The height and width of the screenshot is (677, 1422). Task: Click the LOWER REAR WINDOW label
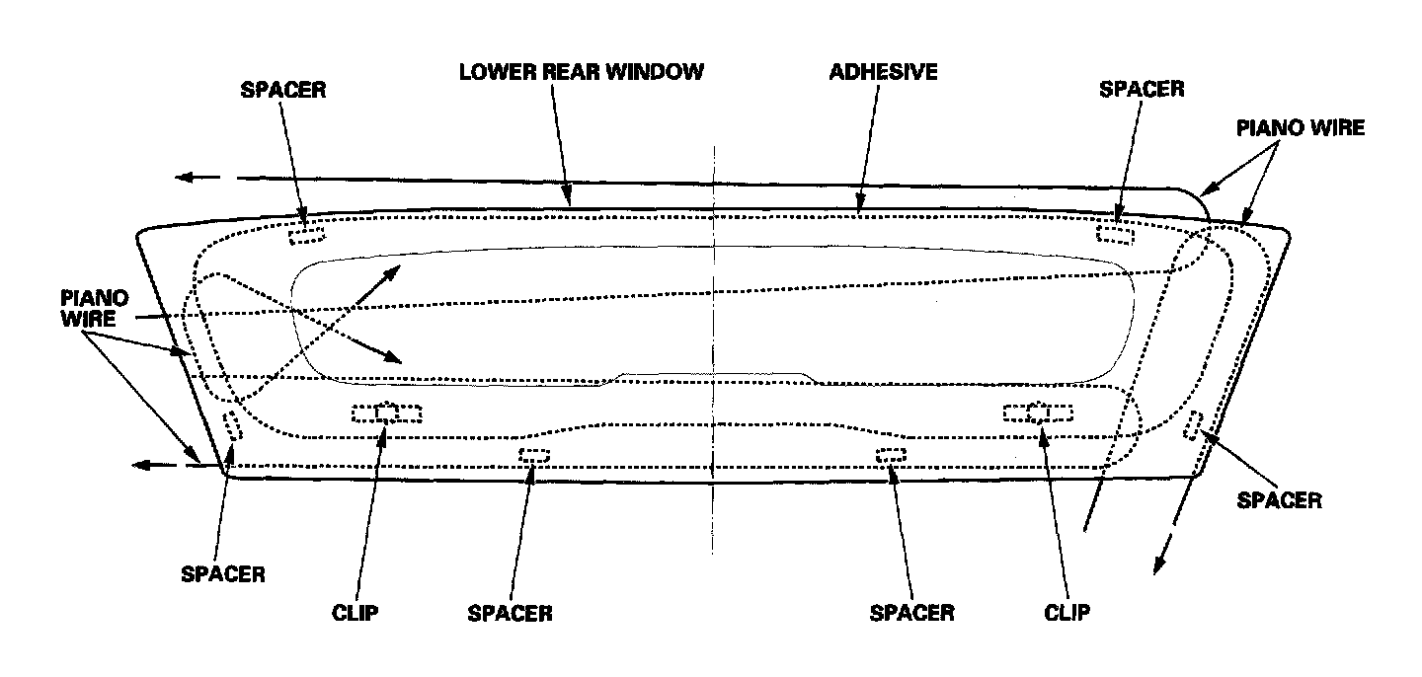point(581,72)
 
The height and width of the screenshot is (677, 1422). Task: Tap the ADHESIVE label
point(883,72)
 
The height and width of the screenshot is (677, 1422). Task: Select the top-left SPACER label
point(282,90)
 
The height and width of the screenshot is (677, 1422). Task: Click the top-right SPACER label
point(1142,90)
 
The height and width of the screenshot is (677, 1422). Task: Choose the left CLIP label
point(355,613)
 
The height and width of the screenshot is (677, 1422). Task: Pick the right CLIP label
point(1066,613)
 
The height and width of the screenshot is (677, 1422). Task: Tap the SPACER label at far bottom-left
point(223,574)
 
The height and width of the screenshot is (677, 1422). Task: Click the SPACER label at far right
point(1279,500)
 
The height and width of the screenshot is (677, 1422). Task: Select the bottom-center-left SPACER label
point(510,613)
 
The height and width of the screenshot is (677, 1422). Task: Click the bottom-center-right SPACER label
point(911,613)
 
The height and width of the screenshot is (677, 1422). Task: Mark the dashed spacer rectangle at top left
point(305,234)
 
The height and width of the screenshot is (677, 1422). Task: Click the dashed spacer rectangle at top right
point(1116,234)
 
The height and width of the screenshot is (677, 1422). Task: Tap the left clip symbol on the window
point(386,414)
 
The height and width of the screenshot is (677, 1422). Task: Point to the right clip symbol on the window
point(1037,413)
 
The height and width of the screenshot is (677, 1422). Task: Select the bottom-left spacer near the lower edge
point(534,455)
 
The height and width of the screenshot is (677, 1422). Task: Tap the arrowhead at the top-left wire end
point(184,178)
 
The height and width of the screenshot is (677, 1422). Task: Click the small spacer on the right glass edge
point(1194,424)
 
